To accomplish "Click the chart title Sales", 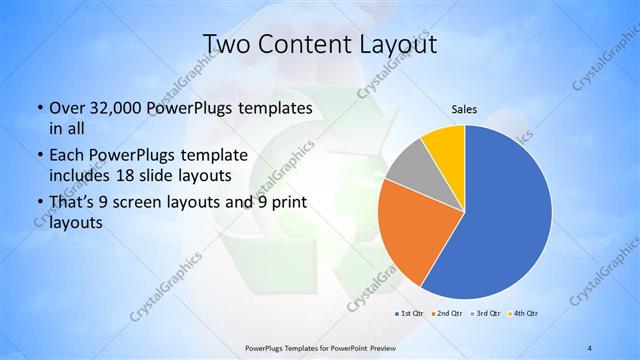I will [463, 109].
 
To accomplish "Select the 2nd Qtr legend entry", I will [446, 314].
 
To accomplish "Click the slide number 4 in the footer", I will [590, 348].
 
